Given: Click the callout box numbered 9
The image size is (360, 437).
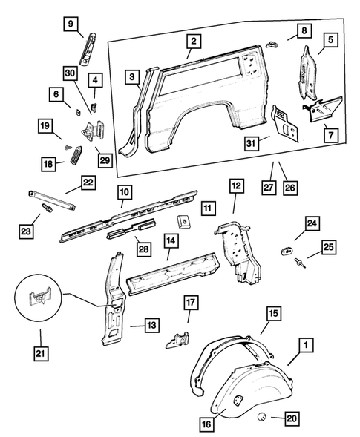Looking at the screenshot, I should [x=71, y=24].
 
